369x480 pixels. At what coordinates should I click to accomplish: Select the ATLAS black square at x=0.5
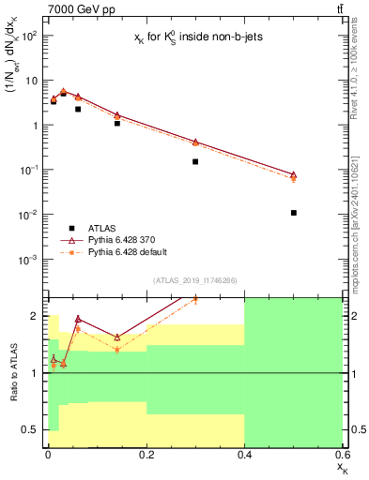coord(294,213)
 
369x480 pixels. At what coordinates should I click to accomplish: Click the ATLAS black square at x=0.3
coord(195,161)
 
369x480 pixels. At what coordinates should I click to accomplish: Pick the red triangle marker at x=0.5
coord(294,175)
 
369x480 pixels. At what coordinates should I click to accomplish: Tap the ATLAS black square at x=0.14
coord(117,123)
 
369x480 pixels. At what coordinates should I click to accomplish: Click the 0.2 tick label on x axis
coord(146,453)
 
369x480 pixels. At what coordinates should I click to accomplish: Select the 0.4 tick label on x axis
coord(244,453)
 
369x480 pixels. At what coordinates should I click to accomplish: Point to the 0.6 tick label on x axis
coord(341,453)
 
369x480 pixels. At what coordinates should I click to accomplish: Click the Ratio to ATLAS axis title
coord(11,373)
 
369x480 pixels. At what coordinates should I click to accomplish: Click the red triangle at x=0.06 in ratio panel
coord(78,319)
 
